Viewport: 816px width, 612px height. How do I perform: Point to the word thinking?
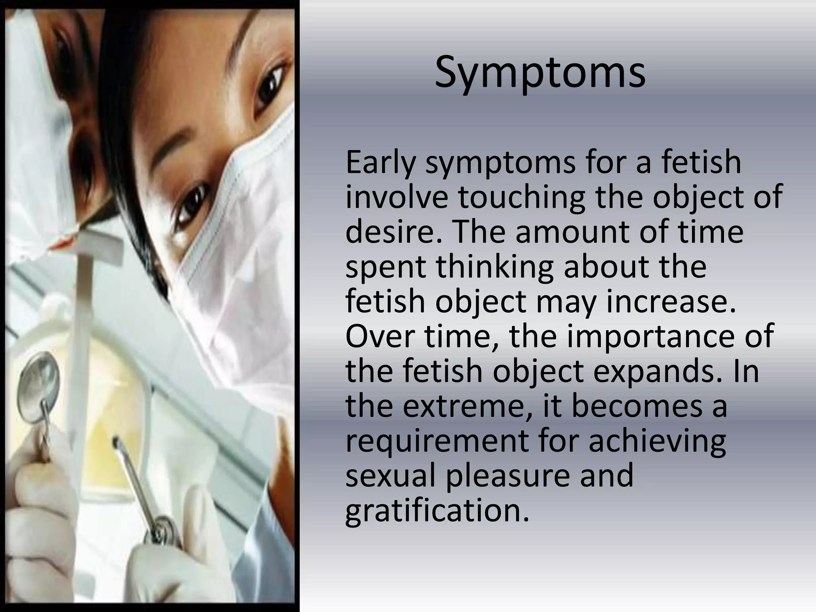(494, 267)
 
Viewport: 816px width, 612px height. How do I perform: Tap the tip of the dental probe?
(116, 440)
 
